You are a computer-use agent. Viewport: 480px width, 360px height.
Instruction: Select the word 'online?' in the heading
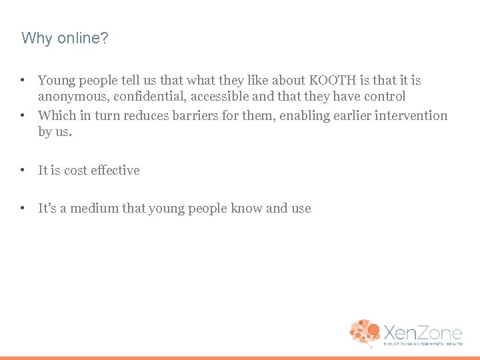pos(82,39)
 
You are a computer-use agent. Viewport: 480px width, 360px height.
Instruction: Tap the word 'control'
pos(382,97)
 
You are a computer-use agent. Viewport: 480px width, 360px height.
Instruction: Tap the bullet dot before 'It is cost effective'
pos(23,171)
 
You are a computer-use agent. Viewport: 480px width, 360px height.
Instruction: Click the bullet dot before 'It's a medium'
pos(23,209)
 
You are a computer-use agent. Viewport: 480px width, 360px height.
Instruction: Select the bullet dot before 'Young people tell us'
pos(23,81)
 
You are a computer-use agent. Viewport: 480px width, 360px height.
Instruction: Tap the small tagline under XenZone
pos(422,345)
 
